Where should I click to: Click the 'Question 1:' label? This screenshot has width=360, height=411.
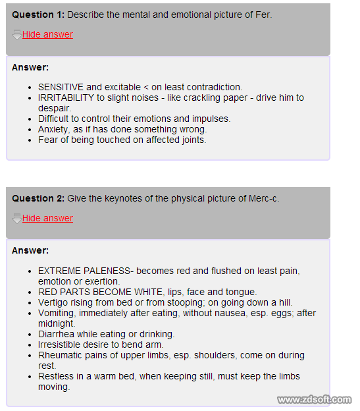tap(38, 14)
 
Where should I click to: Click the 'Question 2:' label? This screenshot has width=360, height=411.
tap(38, 198)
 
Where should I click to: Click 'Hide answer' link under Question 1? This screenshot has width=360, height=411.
tap(47, 34)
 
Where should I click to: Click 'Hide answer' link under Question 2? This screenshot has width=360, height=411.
tap(47, 218)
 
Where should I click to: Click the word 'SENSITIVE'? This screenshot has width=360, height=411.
tap(61, 87)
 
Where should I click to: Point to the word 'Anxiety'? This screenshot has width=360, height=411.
tap(55, 129)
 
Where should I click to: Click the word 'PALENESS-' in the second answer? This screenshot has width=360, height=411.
tap(108, 271)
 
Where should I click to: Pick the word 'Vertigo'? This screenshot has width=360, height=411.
tap(54, 302)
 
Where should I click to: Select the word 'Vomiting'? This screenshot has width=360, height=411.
tap(57, 313)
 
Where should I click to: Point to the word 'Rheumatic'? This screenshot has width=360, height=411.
tap(61, 355)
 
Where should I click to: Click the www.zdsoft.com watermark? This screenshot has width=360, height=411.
tap(314, 400)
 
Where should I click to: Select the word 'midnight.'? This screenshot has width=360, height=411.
tap(57, 323)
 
